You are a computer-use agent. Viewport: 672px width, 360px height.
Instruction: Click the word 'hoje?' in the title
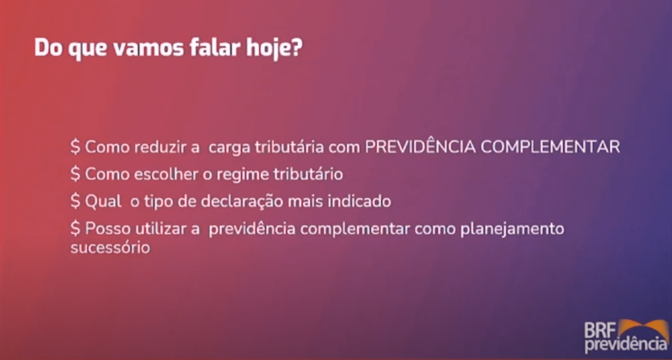[274, 48]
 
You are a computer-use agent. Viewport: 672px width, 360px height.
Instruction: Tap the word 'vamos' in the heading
[148, 48]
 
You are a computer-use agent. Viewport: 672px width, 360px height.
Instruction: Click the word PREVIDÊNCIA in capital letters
[420, 146]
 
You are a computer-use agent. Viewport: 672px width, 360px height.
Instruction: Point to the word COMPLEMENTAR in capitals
[550, 147]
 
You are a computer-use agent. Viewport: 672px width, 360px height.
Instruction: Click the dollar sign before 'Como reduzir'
[75, 147]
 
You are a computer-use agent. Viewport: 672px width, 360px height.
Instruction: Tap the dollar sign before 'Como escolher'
[75, 174]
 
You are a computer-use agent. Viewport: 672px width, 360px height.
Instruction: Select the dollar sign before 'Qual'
[75, 201]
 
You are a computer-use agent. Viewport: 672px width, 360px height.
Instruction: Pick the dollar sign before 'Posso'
[75, 228]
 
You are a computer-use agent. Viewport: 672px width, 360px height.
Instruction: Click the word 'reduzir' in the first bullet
[160, 147]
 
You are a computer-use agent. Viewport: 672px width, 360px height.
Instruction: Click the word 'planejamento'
[512, 229]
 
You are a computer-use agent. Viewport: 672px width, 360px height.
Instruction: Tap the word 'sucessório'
[110, 248]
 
